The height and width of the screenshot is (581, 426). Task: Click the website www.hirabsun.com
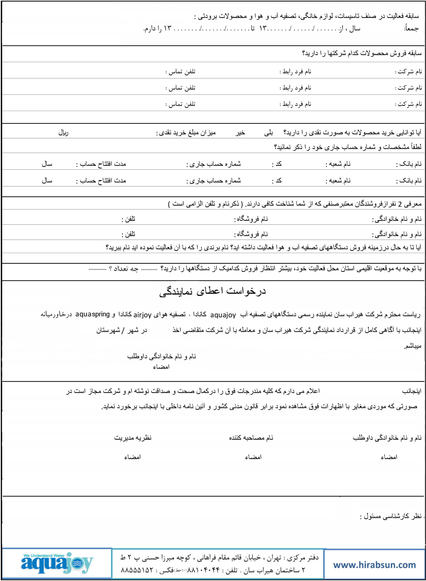(x=375, y=565)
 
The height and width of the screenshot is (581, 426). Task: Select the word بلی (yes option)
(x=268, y=133)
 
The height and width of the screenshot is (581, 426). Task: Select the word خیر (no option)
(x=240, y=133)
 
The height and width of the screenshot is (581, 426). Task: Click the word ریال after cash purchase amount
(x=63, y=133)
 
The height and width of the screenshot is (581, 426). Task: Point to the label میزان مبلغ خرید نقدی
(x=186, y=133)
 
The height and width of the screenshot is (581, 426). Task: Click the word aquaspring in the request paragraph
(x=93, y=314)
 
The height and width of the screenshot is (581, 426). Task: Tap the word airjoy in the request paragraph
(x=142, y=315)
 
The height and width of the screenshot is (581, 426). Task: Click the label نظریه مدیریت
(x=133, y=438)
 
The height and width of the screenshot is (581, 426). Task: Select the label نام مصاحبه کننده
(x=251, y=438)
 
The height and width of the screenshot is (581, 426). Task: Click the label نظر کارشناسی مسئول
(x=391, y=516)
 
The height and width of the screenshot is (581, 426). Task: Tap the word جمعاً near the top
(x=411, y=29)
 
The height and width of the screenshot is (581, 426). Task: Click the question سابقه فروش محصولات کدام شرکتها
(x=362, y=53)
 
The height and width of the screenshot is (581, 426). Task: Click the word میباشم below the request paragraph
(x=413, y=346)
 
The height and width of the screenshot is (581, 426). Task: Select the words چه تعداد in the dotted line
(x=126, y=269)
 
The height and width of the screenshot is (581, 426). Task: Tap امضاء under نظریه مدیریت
(x=133, y=457)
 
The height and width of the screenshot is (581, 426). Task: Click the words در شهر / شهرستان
(x=122, y=330)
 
